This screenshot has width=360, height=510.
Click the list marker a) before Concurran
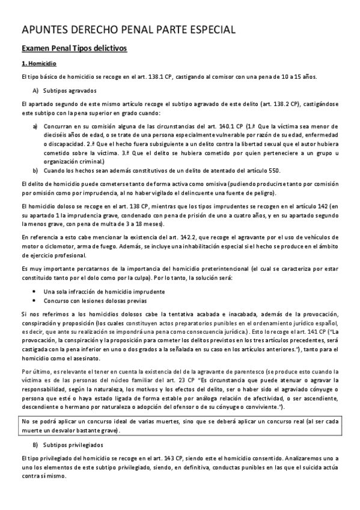[x=35, y=127]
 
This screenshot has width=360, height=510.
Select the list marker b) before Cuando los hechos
[x=35, y=170]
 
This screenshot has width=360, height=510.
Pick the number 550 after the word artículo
[x=273, y=170]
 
